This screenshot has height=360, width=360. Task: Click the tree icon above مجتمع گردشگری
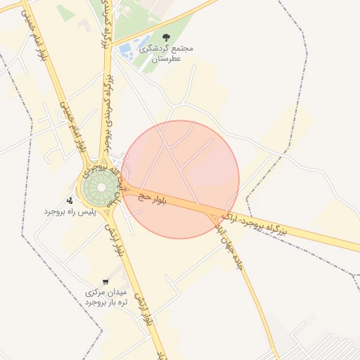(x=166, y=37)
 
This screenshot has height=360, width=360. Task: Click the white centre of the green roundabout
(x=99, y=188)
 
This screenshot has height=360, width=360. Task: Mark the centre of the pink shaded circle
(x=180, y=180)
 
